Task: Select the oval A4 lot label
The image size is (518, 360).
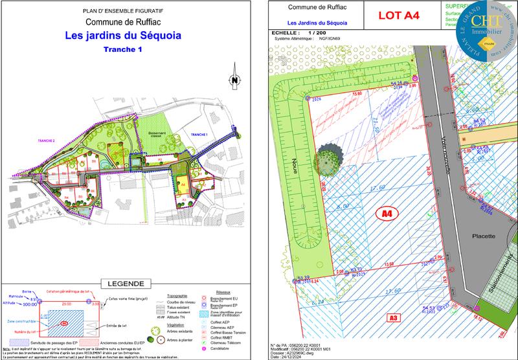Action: point(387,212)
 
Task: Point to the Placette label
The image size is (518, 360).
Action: point(484,237)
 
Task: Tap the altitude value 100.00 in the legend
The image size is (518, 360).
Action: point(29,304)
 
